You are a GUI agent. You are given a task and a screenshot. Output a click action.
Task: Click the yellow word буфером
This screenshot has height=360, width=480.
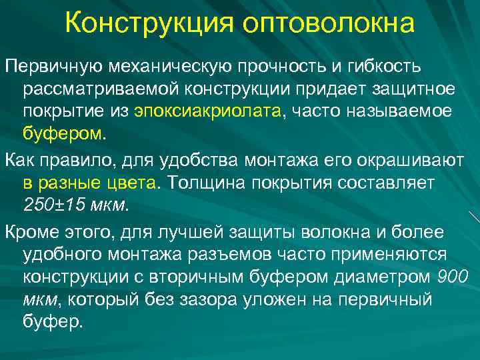(x=63, y=132)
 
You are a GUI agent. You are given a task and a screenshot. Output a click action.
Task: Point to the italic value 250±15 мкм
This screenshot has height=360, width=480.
(x=73, y=203)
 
